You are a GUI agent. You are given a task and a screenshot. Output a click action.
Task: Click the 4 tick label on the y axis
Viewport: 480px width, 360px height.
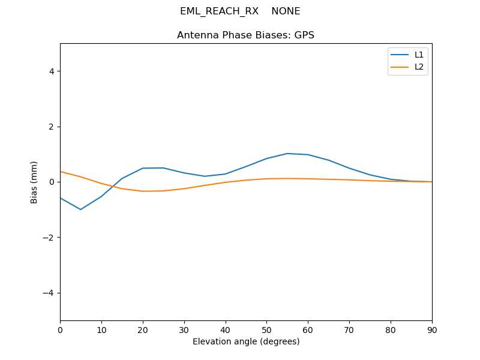(52, 71)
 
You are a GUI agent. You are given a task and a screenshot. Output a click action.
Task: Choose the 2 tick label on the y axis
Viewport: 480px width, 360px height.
(52, 127)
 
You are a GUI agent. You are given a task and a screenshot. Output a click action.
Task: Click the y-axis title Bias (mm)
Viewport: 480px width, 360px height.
(35, 182)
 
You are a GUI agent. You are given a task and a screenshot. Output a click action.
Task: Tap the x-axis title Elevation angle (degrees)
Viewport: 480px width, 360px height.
(246, 341)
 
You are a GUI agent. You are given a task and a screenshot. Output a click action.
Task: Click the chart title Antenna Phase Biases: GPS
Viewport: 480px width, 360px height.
(246, 35)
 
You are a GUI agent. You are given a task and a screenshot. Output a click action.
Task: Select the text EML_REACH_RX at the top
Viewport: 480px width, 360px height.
(219, 11)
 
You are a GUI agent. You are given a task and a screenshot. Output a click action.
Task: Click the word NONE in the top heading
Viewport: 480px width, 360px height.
(286, 11)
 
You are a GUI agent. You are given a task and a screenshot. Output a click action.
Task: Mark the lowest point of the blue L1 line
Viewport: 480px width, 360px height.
(80, 209)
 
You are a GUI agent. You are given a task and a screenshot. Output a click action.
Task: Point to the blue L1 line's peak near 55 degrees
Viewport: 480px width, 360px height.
(287, 154)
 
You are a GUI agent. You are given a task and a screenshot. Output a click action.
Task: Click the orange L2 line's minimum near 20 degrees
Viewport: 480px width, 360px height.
(143, 191)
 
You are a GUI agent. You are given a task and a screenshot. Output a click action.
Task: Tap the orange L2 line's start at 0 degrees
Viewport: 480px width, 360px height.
(61, 172)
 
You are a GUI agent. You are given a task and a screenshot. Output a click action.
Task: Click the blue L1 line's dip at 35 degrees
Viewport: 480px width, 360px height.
(205, 176)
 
